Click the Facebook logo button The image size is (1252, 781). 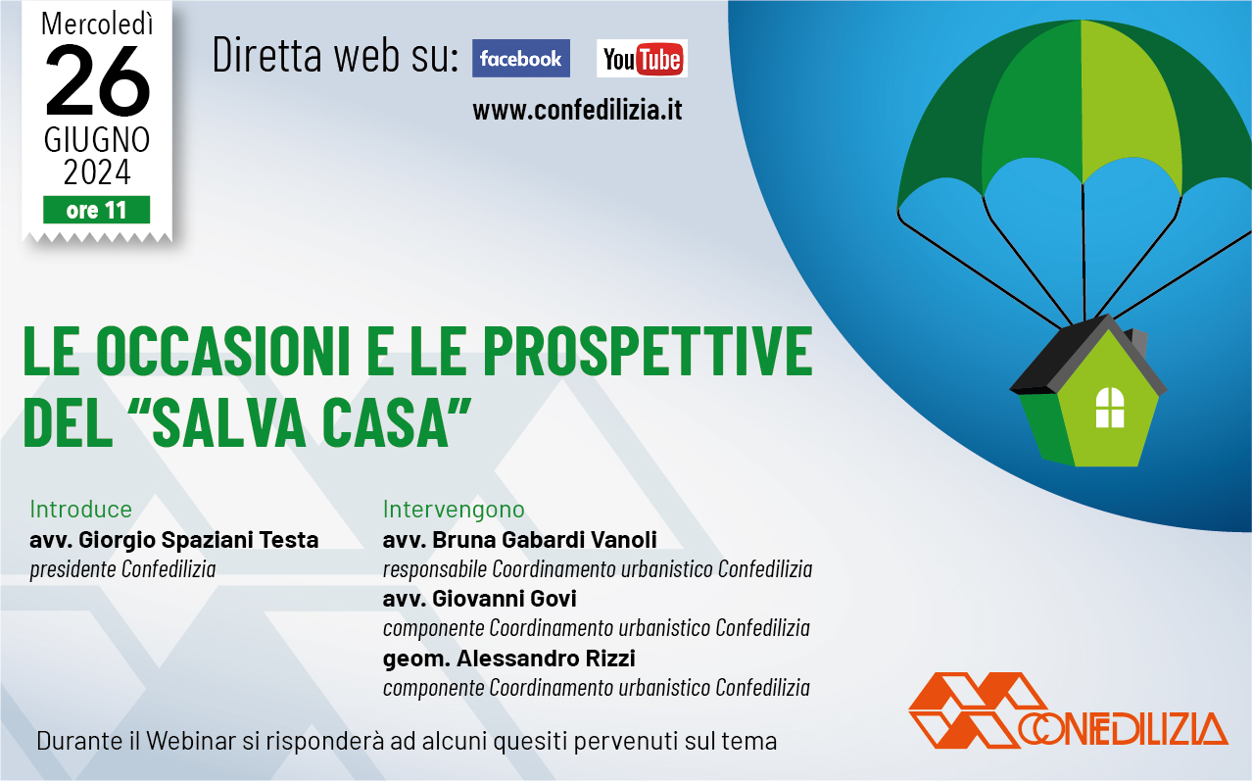tap(521, 58)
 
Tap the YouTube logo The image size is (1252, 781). tap(643, 58)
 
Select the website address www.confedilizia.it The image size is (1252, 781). tap(577, 110)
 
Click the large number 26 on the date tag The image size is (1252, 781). tap(97, 80)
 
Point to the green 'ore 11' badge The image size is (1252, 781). tap(97, 210)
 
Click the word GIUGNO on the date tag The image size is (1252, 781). tap(97, 140)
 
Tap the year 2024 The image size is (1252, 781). tap(97, 172)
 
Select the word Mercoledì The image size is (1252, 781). tap(97, 24)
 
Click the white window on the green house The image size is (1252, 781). tap(1110, 408)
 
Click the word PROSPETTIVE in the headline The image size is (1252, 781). tap(648, 352)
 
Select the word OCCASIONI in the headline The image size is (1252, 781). tap(223, 352)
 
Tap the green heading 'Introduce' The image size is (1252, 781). tap(81, 509)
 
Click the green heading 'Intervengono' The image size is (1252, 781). tap(454, 510)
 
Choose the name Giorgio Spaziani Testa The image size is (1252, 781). tap(199, 540)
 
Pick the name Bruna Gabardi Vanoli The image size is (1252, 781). tap(545, 540)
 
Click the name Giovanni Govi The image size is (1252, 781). tap(505, 599)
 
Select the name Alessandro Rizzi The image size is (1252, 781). tap(546, 659)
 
